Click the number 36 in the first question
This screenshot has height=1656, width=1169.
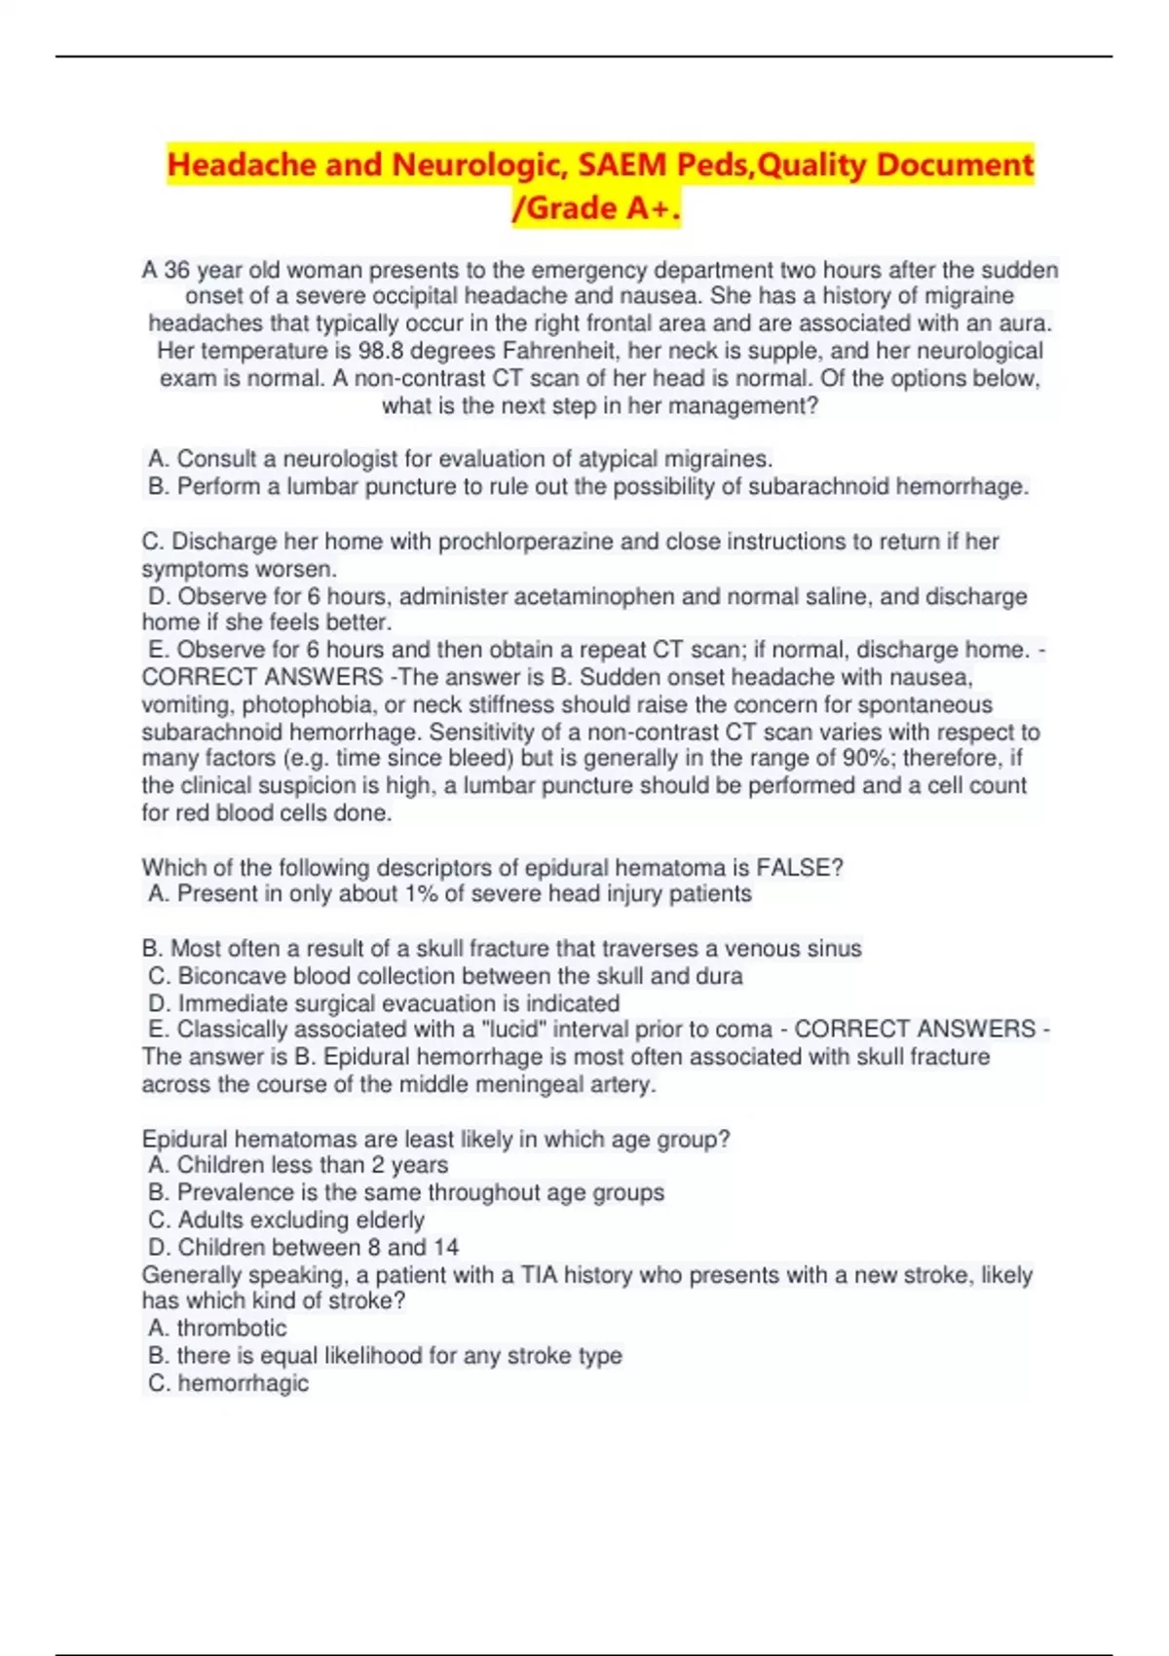pos(177,270)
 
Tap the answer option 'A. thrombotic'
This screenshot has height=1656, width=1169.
pos(218,1328)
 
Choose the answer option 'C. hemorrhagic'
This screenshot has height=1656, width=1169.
pos(229,1383)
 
